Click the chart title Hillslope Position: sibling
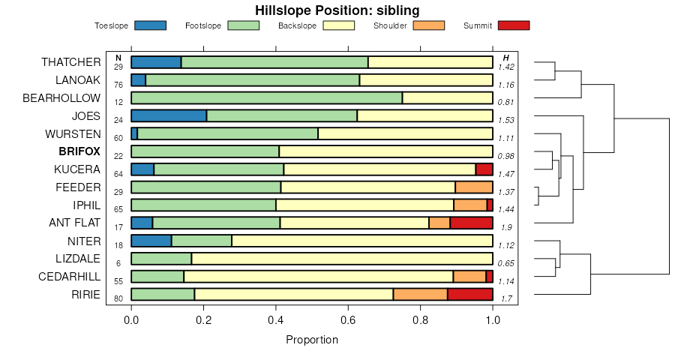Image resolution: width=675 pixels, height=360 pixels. (337, 10)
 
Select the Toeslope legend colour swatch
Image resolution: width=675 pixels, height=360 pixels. (150, 25)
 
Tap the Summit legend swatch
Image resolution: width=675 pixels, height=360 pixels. (513, 25)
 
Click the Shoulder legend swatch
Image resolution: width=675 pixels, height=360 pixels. (428, 25)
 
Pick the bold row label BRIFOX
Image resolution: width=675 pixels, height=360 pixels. (79, 151)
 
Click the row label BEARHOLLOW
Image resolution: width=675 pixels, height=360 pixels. (61, 97)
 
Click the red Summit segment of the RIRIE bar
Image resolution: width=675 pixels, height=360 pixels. (469, 295)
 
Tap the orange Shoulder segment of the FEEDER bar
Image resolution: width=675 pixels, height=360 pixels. (474, 187)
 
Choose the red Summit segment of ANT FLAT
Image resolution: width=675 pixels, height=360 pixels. (471, 223)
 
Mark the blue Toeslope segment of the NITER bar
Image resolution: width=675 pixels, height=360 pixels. (151, 241)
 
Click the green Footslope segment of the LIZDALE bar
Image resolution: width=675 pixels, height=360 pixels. (161, 259)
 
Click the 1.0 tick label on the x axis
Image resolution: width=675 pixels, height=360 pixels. (493, 321)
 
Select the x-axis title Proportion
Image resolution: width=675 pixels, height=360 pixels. (312, 340)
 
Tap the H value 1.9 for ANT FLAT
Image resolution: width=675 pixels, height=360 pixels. (506, 227)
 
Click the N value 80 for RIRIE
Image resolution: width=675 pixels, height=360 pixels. (118, 299)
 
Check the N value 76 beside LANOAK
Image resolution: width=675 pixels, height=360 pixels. (118, 85)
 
